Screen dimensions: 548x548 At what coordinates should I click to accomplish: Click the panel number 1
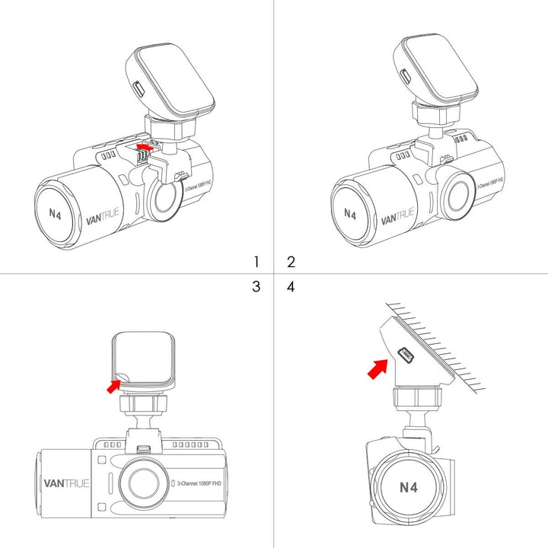pos(256,262)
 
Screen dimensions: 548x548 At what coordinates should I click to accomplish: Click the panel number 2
pos(291,262)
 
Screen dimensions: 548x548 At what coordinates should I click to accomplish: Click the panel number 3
pos(256,287)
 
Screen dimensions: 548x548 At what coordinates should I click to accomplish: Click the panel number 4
pos(291,287)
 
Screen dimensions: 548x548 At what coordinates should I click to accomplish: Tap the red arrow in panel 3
pos(113,386)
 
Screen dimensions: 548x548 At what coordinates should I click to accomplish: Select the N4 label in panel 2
pos(349,214)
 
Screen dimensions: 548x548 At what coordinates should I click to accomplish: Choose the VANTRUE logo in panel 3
pos(67,483)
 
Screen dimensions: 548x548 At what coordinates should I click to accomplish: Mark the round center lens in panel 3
pos(142,483)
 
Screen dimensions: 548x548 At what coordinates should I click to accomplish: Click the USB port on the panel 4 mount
pos(404,354)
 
